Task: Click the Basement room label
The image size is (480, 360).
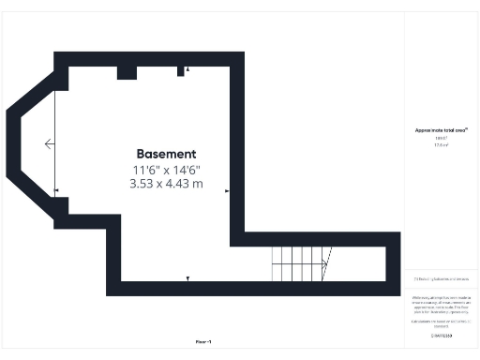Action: pos(166,154)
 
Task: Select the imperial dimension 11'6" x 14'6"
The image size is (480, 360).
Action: pos(166,170)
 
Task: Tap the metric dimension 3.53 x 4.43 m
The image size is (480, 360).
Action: pos(166,185)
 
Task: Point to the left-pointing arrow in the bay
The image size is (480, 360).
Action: pos(49,143)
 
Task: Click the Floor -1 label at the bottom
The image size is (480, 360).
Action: pos(202,342)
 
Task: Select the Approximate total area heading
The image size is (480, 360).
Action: pos(441,129)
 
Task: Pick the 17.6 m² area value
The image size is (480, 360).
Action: pos(441,145)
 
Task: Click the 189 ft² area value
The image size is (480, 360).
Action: pos(441,138)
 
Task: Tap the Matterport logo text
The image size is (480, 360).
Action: pos(441,335)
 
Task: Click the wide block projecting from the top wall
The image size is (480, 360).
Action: pos(127,72)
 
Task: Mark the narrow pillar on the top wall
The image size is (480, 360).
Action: pos(181,71)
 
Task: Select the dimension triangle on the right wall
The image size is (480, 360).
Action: pos(227,191)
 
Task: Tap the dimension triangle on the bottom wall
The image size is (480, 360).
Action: pos(188,278)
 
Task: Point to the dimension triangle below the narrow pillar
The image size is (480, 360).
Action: pos(188,69)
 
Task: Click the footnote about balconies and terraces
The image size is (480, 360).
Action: pos(441,279)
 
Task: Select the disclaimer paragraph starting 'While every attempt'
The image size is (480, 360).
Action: pos(441,304)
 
